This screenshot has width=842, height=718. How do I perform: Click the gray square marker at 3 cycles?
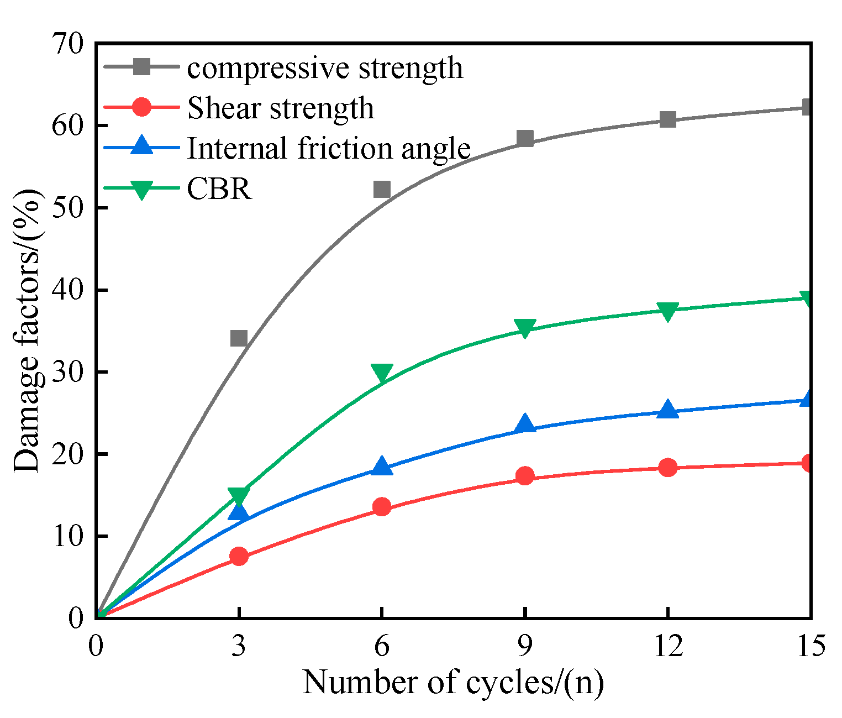[239, 338]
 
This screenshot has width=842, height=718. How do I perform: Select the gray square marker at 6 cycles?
[382, 190]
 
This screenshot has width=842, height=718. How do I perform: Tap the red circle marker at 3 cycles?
[239, 556]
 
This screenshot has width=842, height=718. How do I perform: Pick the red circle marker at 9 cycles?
[525, 475]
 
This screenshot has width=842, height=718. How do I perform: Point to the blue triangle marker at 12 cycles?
[668, 410]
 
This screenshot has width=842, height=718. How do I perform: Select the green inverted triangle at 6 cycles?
[382, 373]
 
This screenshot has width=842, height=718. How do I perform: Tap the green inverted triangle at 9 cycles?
[525, 327]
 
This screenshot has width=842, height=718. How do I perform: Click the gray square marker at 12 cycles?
[668, 119]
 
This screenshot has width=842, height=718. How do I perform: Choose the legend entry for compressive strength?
[325, 68]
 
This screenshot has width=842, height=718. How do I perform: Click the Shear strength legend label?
[281, 108]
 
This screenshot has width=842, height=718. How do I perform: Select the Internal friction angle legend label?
[329, 148]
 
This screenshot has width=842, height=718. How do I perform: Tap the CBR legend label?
[219, 188]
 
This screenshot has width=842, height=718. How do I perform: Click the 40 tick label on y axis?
[69, 290]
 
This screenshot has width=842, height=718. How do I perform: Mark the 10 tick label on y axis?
[69, 536]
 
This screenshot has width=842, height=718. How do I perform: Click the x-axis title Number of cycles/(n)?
[453, 683]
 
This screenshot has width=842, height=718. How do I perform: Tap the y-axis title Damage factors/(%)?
[28, 330]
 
